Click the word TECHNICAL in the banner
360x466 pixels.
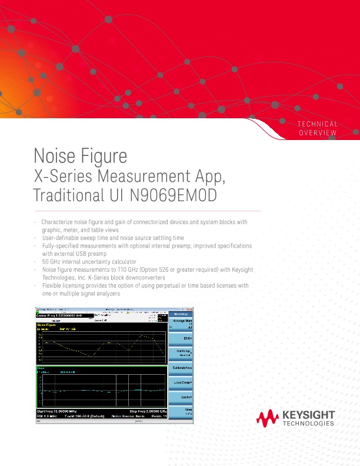pyautogui.click(x=318, y=124)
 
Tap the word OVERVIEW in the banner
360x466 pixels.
pyautogui.click(x=318, y=133)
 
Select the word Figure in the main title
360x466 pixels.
pyautogui.click(x=106, y=157)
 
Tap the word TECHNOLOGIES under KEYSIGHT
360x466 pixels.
pyautogui.click(x=309, y=424)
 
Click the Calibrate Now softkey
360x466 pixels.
pyautogui.click(x=181, y=367)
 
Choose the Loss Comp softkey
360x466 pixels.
pyautogui.click(x=181, y=382)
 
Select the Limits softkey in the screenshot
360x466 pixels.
pyautogui.click(x=181, y=398)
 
